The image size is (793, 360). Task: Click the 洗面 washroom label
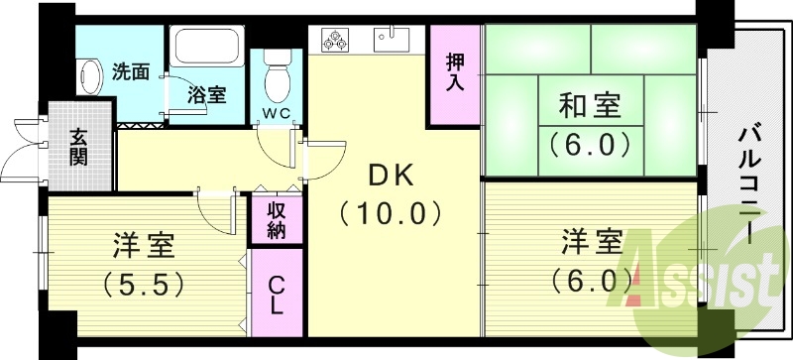coord(130,71)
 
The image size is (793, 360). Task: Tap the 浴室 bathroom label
coord(207,96)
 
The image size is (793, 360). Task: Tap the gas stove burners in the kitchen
coord(335,41)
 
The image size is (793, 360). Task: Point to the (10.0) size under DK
coord(390,213)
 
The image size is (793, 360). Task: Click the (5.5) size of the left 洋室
coord(144,286)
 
